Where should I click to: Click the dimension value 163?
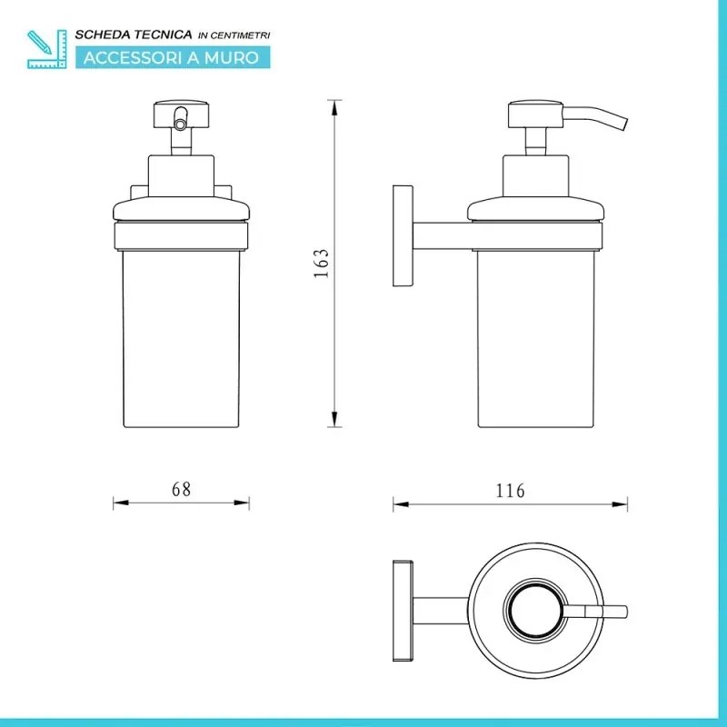(x=322, y=264)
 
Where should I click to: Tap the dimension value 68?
(x=181, y=489)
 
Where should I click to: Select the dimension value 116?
(x=511, y=491)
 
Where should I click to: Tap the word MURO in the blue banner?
(x=232, y=58)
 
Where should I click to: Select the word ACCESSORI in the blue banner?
(x=132, y=58)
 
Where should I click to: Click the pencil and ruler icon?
(x=47, y=49)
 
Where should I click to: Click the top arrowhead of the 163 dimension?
(x=334, y=107)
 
